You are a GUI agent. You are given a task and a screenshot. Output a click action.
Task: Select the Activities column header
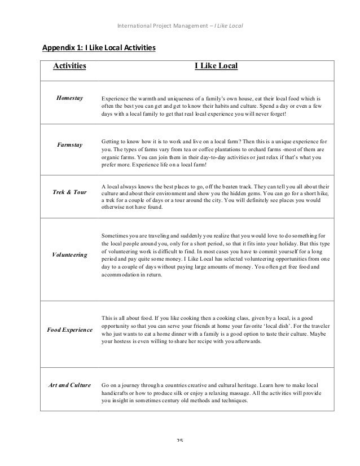coord(69,67)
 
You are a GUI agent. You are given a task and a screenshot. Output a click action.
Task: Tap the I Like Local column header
coord(216,67)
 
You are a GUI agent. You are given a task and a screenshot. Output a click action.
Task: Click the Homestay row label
coord(69,98)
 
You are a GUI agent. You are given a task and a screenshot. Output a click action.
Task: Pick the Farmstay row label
coord(69,145)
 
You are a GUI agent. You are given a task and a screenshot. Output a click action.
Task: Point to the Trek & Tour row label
coord(69,192)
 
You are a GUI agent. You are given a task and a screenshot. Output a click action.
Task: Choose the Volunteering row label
coord(69,255)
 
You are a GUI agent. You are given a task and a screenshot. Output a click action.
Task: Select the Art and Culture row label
coord(69,385)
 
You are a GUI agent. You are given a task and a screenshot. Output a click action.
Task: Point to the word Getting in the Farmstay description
coord(111,140)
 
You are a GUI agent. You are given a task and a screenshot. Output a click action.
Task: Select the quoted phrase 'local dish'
coord(296,328)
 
